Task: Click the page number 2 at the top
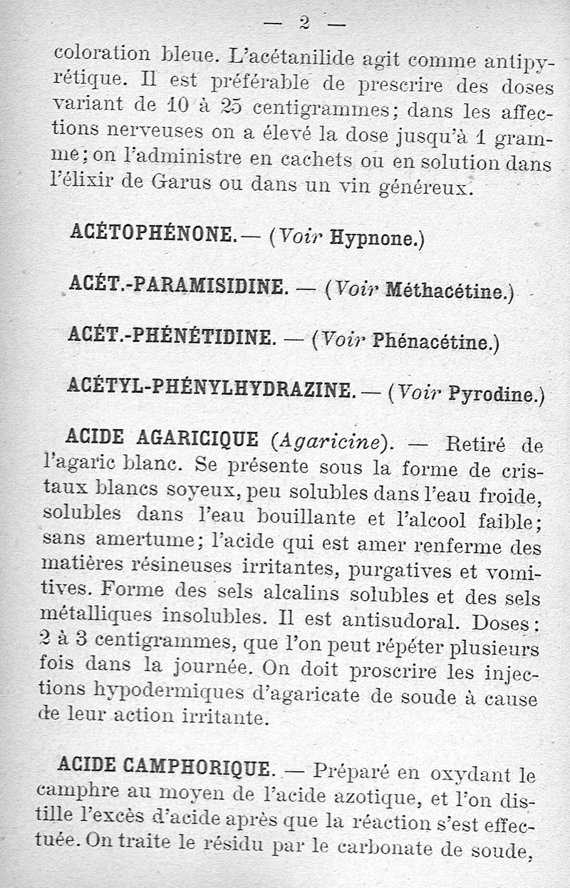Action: coord(304,24)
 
